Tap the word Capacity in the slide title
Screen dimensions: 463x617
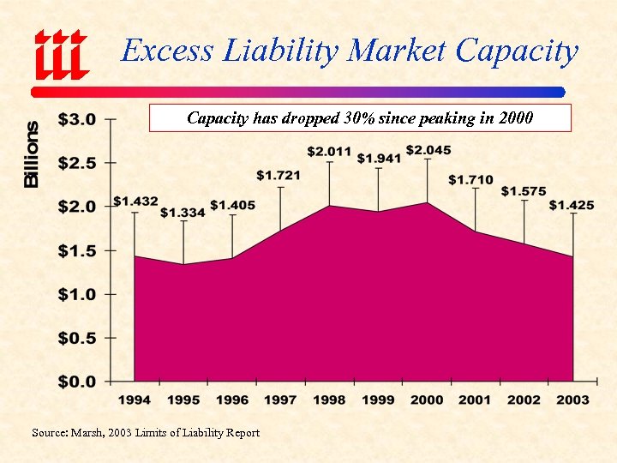(x=517, y=51)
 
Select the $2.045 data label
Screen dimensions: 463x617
(x=428, y=151)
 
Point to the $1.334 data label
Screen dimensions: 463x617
(x=183, y=212)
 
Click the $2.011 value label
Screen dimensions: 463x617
(x=330, y=152)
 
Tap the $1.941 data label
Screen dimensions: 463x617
(x=379, y=158)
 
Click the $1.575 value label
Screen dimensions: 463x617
(x=524, y=190)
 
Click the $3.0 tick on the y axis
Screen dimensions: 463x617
(x=76, y=118)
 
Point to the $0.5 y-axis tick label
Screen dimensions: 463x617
(x=76, y=338)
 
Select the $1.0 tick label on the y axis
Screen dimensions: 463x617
(x=76, y=294)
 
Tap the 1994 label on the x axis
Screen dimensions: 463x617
(x=134, y=400)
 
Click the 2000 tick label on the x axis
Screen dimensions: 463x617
(x=427, y=400)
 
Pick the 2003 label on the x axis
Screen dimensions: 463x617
(x=572, y=400)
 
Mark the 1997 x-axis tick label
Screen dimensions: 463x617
(x=280, y=400)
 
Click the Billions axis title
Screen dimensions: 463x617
(x=32, y=154)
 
